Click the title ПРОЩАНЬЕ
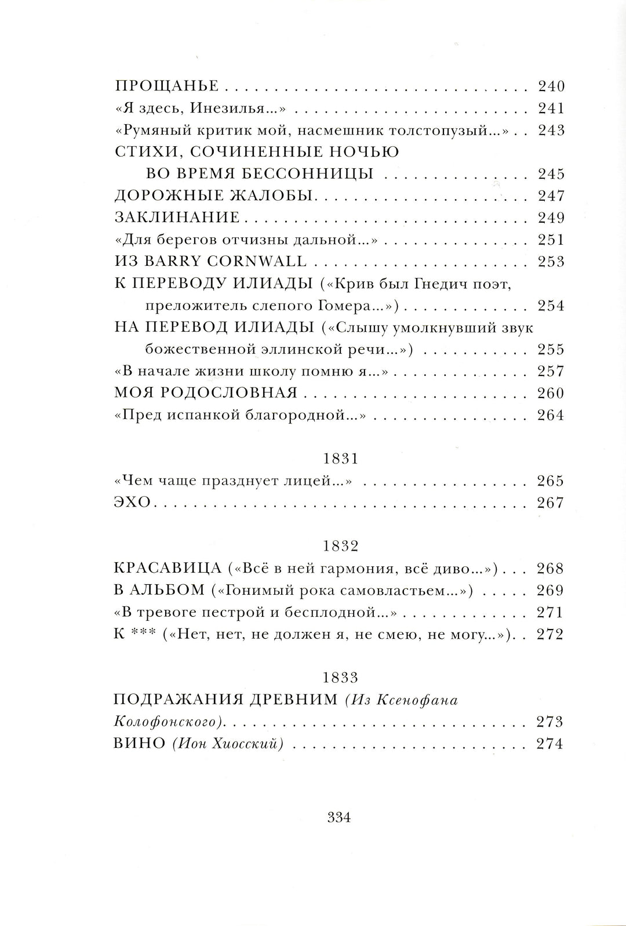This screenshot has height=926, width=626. coord(167,86)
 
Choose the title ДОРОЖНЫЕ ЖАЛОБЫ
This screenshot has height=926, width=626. coord(214,196)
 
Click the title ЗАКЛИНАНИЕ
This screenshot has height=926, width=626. coord(177,218)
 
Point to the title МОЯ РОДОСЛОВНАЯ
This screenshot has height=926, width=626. coord(206,393)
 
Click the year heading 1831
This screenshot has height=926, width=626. coord(339,459)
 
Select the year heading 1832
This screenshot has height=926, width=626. coord(339,547)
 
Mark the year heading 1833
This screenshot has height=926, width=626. coord(339,678)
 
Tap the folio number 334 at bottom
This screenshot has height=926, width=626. coord(339,818)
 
